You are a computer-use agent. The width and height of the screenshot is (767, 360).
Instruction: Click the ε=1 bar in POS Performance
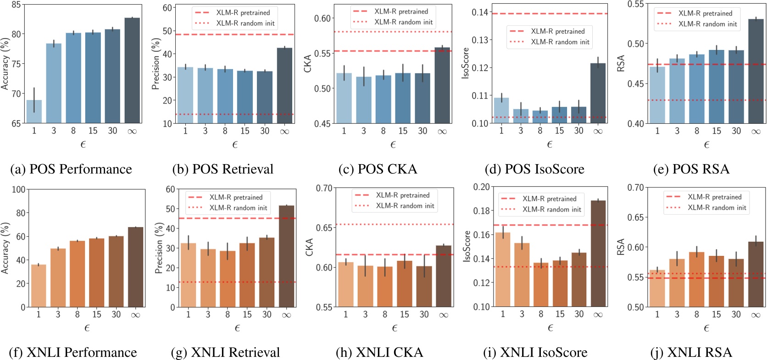click(x=34, y=111)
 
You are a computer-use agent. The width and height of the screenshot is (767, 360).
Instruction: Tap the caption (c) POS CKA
click(x=378, y=169)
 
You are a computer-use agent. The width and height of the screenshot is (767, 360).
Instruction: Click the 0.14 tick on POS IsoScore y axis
click(x=479, y=12)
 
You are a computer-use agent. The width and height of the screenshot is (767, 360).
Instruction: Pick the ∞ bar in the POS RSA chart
click(x=756, y=72)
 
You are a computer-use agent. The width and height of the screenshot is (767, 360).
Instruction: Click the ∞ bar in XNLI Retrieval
click(x=286, y=256)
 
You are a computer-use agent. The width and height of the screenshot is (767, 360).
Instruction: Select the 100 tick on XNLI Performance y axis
click(x=18, y=189)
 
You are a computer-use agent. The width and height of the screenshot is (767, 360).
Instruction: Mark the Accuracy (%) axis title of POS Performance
click(x=6, y=64)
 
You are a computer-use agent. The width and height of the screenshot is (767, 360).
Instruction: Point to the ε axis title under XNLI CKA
click(x=394, y=328)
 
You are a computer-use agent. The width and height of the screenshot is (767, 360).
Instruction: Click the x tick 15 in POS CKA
click(x=403, y=131)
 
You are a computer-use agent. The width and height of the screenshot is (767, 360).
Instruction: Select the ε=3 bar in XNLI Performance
click(x=58, y=278)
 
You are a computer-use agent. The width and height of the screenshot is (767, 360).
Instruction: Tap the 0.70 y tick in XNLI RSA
click(x=635, y=188)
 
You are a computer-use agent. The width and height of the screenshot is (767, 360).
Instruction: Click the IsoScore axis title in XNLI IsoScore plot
click(x=467, y=246)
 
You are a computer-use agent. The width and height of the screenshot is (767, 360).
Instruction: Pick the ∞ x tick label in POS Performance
click(x=132, y=131)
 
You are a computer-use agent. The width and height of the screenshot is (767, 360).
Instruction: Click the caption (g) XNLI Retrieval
click(x=225, y=352)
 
